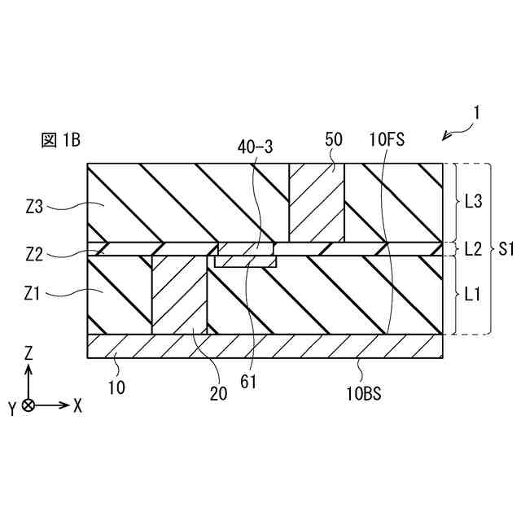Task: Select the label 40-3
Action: click(255, 147)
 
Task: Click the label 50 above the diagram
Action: click(334, 140)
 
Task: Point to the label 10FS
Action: click(385, 140)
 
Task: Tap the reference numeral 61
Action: click(248, 379)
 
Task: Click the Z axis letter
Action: click(28, 353)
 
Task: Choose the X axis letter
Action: click(78, 405)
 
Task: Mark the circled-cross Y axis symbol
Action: click(28, 405)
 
